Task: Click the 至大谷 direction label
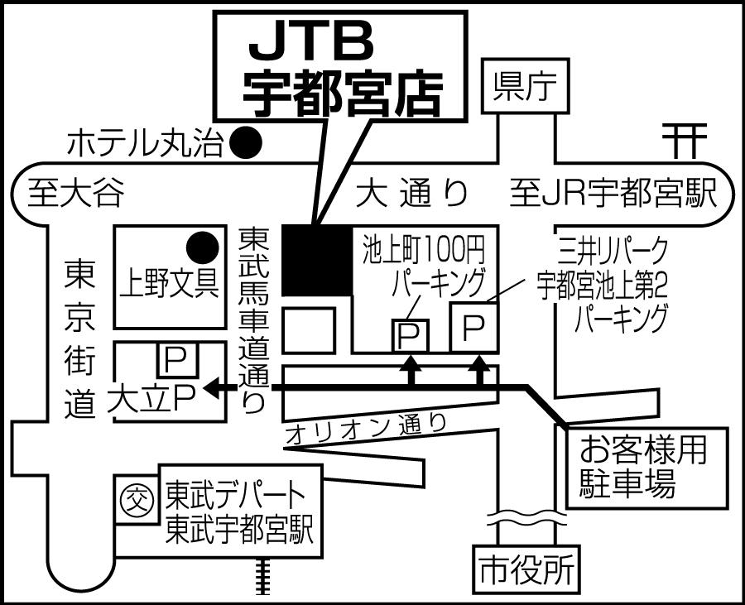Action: tap(75, 194)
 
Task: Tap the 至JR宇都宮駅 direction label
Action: tap(613, 194)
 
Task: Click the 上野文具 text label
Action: tap(169, 284)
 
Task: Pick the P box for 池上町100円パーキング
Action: tap(409, 334)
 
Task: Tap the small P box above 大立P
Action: tap(175, 360)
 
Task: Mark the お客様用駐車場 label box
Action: tap(645, 468)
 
